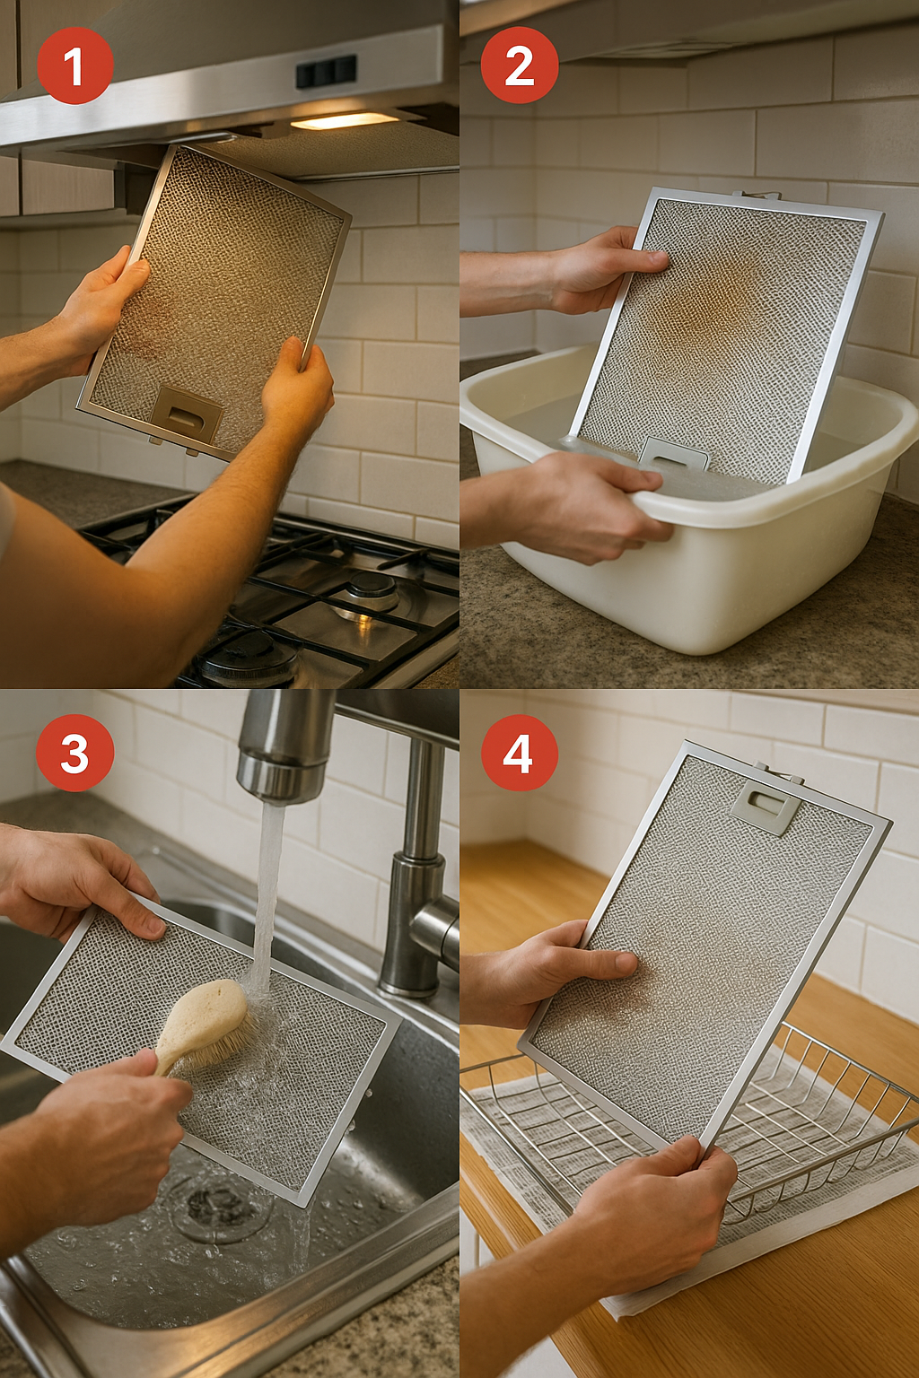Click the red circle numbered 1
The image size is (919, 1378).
click(75, 65)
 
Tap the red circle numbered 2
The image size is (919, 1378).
click(519, 65)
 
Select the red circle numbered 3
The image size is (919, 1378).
click(75, 753)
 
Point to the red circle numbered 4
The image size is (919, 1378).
click(519, 753)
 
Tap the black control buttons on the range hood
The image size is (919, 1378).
click(326, 72)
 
